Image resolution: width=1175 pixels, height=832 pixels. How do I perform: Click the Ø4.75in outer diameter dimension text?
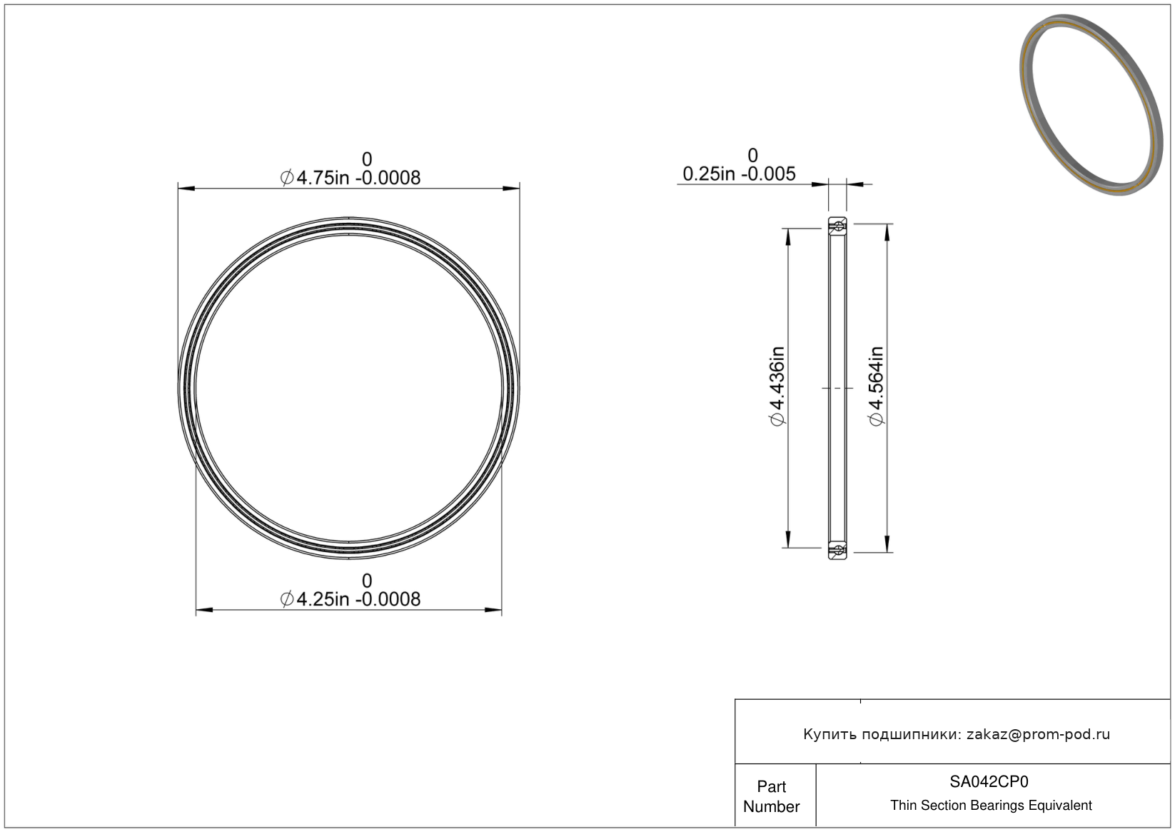[x=351, y=178]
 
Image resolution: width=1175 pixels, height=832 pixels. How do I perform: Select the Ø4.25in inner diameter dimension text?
[x=351, y=599]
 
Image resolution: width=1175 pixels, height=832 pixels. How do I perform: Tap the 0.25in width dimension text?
[x=739, y=174]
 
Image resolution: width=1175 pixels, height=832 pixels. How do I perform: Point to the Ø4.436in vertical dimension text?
[x=777, y=386]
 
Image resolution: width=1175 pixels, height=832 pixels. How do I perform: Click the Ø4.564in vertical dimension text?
[x=876, y=386]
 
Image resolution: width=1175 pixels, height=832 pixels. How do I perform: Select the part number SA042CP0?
[x=989, y=782]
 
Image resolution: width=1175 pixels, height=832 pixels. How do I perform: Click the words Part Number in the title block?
[x=771, y=796]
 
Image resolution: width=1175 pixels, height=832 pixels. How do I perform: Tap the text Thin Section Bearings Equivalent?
[x=991, y=806]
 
